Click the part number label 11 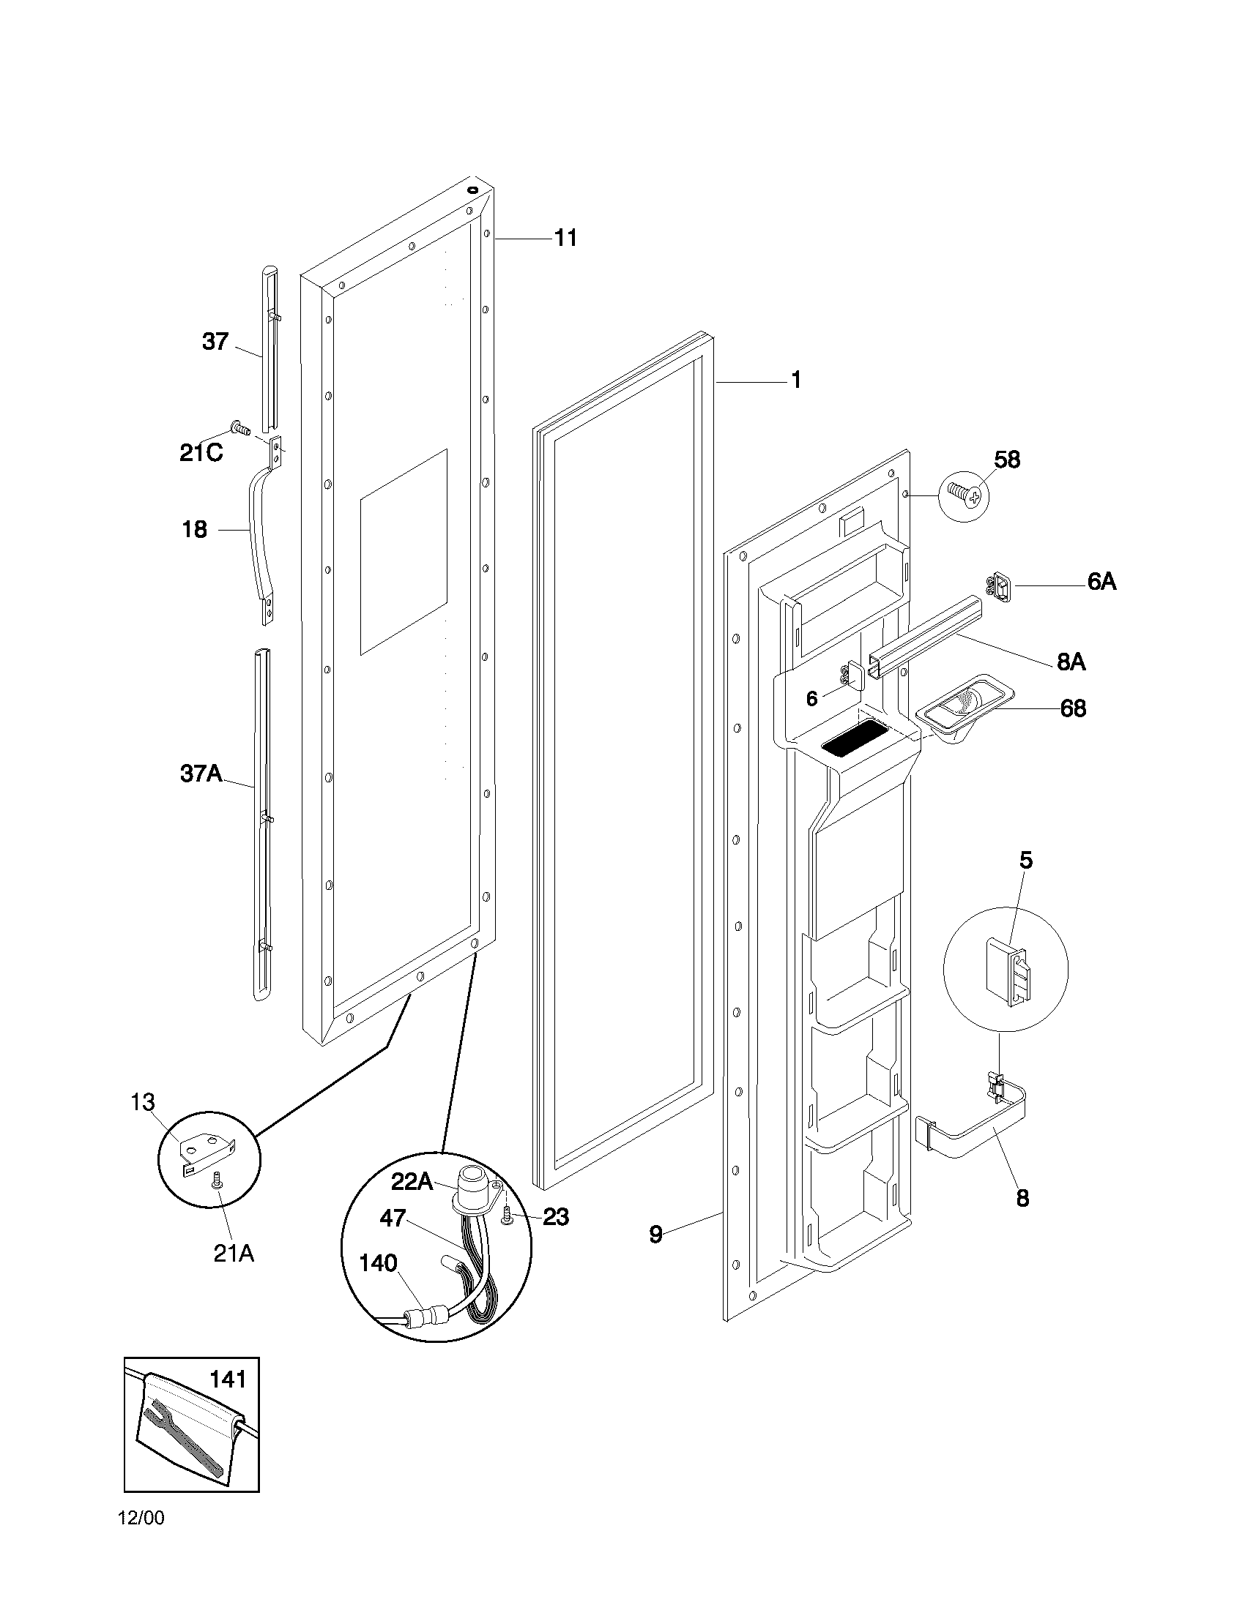pyautogui.click(x=565, y=238)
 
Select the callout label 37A pyautogui.click(x=201, y=774)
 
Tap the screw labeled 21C pyautogui.click(x=240, y=427)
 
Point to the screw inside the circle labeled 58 pyautogui.click(x=962, y=494)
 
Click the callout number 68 pyautogui.click(x=1073, y=708)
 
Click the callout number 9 pyautogui.click(x=655, y=1234)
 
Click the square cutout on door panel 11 pyautogui.click(x=404, y=551)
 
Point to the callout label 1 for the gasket pyautogui.click(x=796, y=381)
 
